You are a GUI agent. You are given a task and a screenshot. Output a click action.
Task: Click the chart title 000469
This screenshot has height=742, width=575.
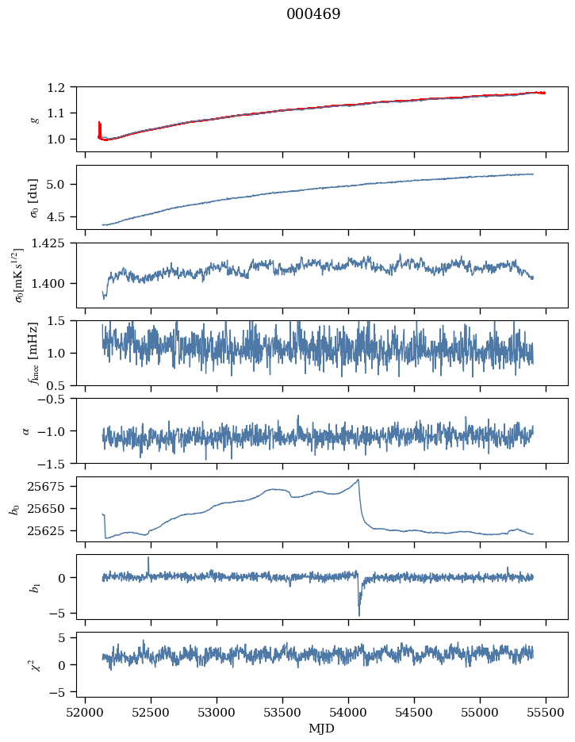(x=313, y=14)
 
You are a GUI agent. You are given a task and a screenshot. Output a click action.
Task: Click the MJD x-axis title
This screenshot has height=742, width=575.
(x=322, y=728)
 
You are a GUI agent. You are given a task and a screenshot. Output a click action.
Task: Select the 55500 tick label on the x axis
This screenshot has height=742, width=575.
(x=546, y=712)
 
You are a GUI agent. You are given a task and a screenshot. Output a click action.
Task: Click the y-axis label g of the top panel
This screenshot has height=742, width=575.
(x=34, y=119)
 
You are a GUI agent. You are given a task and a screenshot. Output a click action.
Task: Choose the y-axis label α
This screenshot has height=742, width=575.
(x=27, y=430)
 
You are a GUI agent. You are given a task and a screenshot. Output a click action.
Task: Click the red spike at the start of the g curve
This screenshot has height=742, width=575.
(x=99, y=127)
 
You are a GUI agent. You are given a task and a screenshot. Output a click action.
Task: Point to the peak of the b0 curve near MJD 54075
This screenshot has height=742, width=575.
(x=358, y=480)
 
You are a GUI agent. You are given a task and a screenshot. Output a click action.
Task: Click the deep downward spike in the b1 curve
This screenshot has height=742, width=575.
(x=358, y=614)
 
